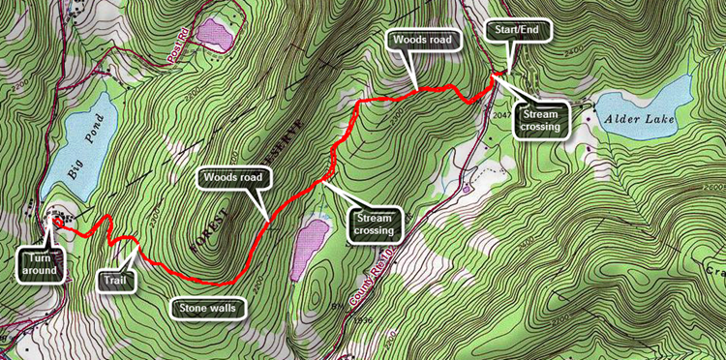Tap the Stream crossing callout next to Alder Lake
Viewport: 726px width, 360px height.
click(x=539, y=122)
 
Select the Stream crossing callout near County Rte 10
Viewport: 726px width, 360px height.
click(x=371, y=225)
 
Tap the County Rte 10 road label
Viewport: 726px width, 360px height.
click(x=372, y=295)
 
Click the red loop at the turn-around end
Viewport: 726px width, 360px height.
click(x=58, y=223)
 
